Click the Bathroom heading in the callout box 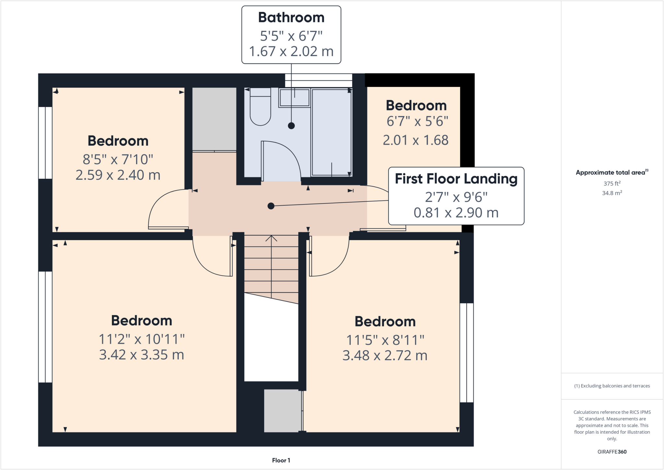coord(291,18)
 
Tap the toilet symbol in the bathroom coord(260,109)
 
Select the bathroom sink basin coord(294,98)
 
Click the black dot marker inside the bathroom coord(291,126)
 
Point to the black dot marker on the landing coord(271,206)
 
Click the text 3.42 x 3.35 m coord(141,355)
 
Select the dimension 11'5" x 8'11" coord(385,340)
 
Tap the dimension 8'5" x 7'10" coord(118,159)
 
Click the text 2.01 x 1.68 coord(416,140)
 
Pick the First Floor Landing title coord(456,179)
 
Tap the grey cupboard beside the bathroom coord(214,119)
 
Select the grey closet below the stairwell coord(282,411)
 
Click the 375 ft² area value coord(612,184)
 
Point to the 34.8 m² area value coord(612,193)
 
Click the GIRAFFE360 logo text coord(612,452)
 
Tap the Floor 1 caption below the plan coord(281,460)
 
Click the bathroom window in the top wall coord(318,80)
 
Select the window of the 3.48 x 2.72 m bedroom coord(467,353)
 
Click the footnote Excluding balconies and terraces coord(612,386)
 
